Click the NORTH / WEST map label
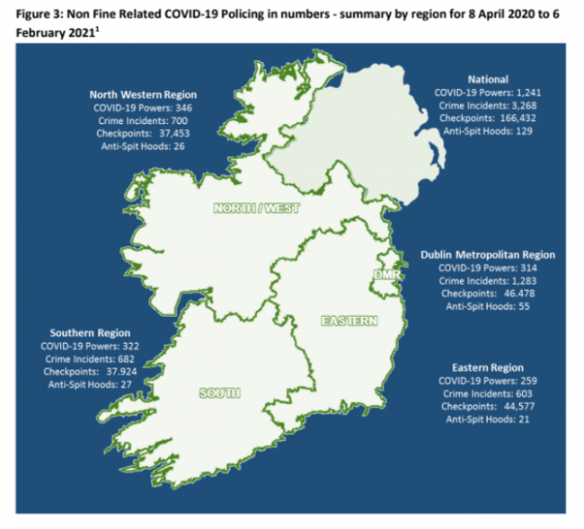tap(256, 208)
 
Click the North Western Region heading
tap(143, 94)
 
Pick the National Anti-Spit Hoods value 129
tap(526, 130)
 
